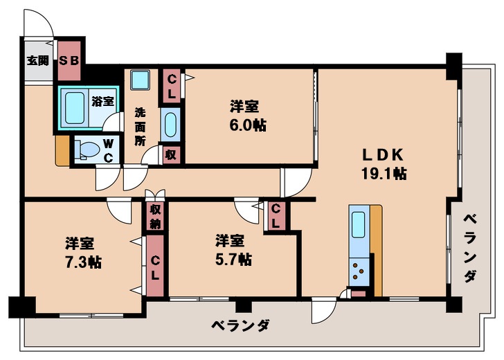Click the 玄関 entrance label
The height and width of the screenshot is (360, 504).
[x=38, y=60]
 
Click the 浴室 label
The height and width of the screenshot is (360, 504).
[x=102, y=101]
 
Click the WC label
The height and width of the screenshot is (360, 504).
[x=108, y=149]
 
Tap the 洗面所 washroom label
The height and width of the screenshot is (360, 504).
[x=141, y=125]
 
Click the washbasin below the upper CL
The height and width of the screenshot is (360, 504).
[x=170, y=125]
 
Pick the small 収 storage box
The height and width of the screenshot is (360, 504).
[x=170, y=154]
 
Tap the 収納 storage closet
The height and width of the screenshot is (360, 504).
[x=155, y=216]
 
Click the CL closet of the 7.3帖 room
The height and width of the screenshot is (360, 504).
[x=154, y=267]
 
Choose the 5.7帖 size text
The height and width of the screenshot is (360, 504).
[x=233, y=260]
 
